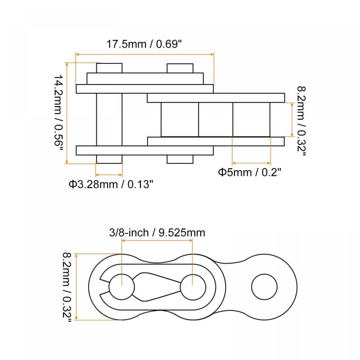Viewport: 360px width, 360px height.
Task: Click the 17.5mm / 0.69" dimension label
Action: click(144, 45)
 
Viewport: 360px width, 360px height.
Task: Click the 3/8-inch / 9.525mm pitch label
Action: click(157, 233)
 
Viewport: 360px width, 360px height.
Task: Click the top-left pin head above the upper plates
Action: click(109, 68)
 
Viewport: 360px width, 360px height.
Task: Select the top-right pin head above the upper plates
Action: click(180, 68)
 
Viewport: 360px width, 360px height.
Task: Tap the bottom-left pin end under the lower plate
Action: click(109, 159)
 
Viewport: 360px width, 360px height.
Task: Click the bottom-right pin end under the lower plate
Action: click(180, 159)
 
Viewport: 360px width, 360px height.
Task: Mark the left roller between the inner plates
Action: click(180, 119)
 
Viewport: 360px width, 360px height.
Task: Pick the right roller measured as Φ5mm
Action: click(251, 119)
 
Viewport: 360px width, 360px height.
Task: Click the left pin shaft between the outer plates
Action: click(109, 119)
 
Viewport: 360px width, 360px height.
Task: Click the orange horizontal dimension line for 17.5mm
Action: click(144, 54)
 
